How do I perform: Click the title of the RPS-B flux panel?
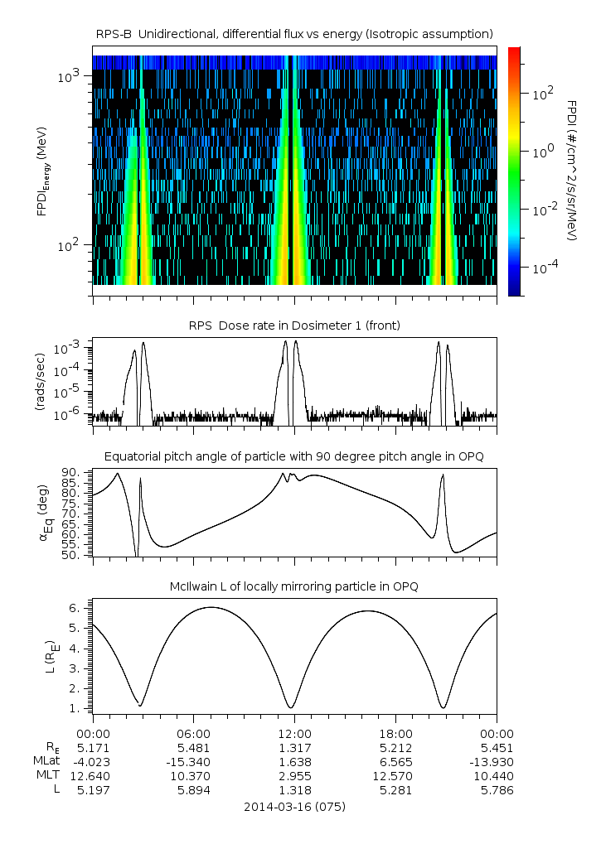(294, 33)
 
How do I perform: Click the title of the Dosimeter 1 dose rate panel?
(294, 326)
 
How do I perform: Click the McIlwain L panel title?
(294, 586)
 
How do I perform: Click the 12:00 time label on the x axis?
(294, 734)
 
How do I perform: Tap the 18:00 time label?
(395, 734)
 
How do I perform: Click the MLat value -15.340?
(193, 762)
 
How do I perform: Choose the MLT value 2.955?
(294, 776)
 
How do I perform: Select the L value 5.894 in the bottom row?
(193, 790)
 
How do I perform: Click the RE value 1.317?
(294, 748)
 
